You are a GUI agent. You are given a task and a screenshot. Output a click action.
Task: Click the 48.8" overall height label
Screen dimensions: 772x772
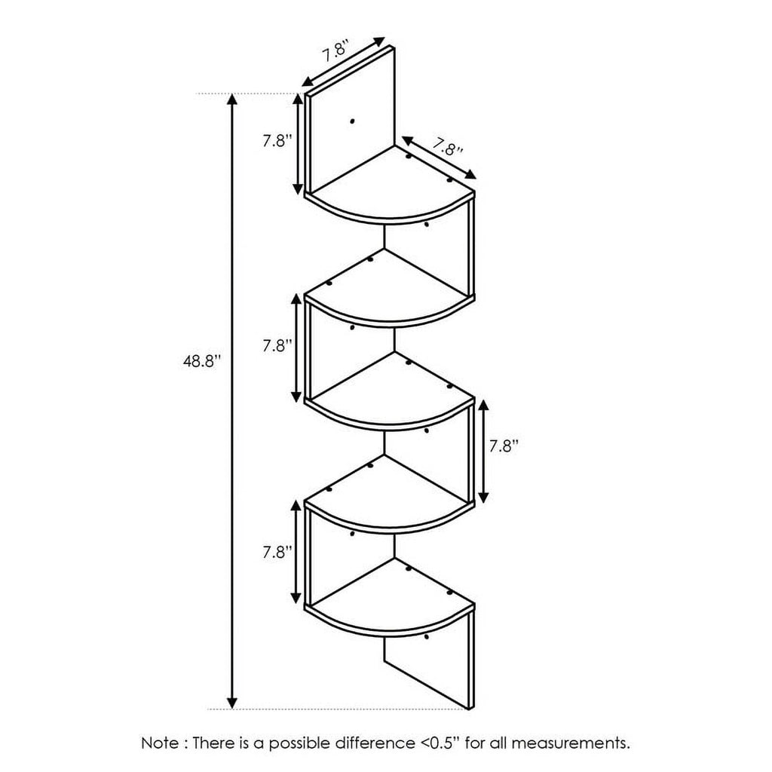tap(199, 362)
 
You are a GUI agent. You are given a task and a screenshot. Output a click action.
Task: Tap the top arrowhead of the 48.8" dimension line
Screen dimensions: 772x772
tap(232, 100)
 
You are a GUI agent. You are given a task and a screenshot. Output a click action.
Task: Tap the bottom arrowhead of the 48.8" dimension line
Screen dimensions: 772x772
tap(232, 703)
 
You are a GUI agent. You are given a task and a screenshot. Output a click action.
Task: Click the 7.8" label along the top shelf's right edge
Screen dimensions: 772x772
tap(448, 146)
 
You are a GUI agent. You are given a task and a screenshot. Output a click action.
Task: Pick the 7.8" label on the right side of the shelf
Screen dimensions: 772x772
tap(504, 446)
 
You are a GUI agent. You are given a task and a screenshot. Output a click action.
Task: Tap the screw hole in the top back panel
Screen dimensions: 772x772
tap(351, 121)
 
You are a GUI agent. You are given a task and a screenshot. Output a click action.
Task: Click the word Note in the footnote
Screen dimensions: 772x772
tap(160, 743)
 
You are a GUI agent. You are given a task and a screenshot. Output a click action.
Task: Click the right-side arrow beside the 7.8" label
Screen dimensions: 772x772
tap(483, 451)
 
